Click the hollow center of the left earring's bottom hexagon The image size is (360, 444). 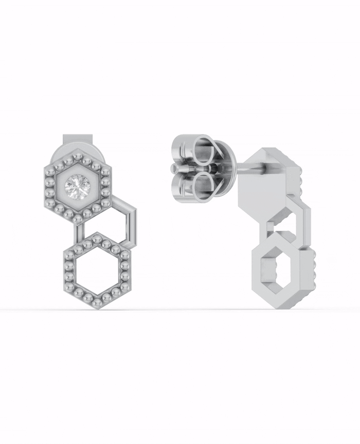click(95, 270)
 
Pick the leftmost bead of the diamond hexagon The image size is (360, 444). click(47, 187)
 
